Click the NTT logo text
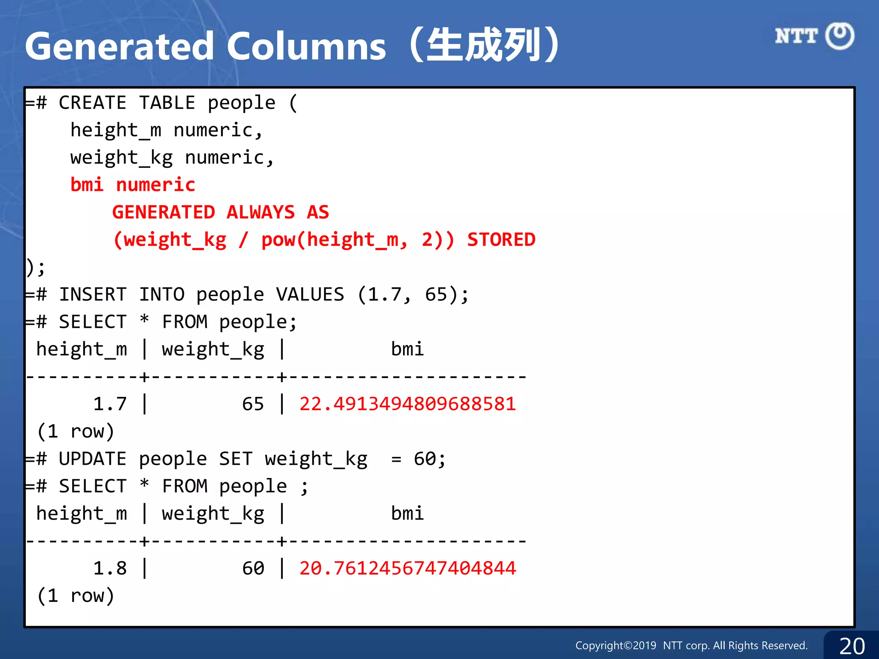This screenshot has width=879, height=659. pos(796,36)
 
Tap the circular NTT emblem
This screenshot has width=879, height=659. pos(840,36)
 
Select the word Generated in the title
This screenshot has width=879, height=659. pos(119,46)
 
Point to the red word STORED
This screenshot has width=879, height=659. pos(501,239)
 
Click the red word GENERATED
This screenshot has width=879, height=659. pos(164,212)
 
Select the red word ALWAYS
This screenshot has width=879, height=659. pos(261,212)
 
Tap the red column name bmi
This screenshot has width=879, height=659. pos(87,185)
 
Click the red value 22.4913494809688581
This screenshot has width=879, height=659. pos(407,404)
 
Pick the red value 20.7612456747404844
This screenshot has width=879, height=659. pos(407,568)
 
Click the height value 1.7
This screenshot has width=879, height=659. pos(110,404)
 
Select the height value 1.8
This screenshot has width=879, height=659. pos(110,568)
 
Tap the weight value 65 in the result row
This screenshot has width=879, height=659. pos(253,404)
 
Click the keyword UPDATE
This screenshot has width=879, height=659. pos(93,459)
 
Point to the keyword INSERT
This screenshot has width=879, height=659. pos(93,295)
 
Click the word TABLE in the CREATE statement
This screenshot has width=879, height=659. pos(167,103)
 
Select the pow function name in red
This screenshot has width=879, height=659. pos(278,239)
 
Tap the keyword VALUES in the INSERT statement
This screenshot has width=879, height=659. pos(310,295)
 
